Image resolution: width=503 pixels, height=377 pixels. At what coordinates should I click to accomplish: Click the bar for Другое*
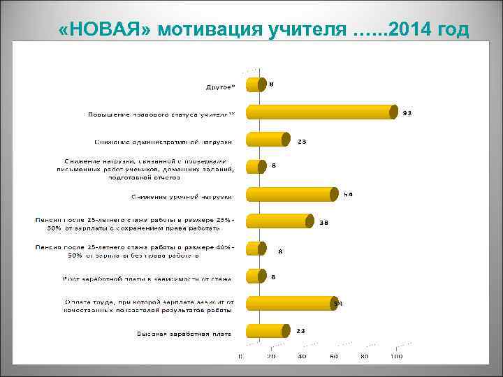click(x=254, y=84)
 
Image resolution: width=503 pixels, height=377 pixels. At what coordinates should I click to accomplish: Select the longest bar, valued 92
click(x=322, y=112)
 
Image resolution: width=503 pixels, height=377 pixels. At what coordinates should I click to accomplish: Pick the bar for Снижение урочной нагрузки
click(x=291, y=193)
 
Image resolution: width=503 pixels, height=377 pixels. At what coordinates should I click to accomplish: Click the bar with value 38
click(x=278, y=221)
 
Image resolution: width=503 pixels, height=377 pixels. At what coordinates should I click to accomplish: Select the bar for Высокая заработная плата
click(x=266, y=331)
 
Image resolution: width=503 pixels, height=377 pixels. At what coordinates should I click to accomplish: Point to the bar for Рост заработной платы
click(x=254, y=276)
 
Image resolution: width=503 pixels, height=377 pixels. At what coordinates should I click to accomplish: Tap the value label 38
click(x=324, y=223)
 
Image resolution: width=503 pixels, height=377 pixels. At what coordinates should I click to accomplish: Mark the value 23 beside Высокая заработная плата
click(x=300, y=330)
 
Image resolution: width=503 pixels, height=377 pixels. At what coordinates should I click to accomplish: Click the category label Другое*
click(x=220, y=87)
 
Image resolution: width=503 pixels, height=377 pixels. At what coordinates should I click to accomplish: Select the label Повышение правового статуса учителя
click(x=162, y=114)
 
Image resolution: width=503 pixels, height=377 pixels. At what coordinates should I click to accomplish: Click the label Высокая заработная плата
click(x=184, y=334)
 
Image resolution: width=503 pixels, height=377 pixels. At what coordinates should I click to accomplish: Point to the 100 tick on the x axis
click(x=396, y=357)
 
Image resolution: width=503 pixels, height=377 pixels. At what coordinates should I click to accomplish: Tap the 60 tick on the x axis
click(x=334, y=357)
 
